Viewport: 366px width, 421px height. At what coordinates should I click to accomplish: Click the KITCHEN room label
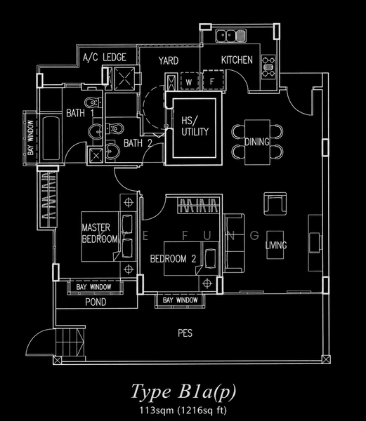[237, 60]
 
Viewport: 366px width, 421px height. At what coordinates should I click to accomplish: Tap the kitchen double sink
[231, 36]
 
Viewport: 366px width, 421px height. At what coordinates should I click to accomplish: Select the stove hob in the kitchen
[269, 67]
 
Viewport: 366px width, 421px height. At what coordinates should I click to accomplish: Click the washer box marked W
[189, 81]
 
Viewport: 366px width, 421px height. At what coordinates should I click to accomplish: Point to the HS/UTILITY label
[195, 126]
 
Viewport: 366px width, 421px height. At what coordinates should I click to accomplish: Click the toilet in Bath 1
[93, 102]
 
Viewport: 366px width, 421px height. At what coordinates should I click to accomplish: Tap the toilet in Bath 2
[115, 128]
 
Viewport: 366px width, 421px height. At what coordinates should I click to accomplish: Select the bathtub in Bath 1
[51, 138]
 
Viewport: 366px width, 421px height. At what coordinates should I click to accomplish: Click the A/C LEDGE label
[105, 58]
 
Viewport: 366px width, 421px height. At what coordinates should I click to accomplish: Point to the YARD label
[169, 60]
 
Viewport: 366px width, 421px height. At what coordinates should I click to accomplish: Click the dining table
[257, 142]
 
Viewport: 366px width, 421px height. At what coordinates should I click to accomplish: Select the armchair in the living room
[275, 203]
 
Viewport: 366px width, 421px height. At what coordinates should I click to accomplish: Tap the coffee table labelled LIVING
[275, 245]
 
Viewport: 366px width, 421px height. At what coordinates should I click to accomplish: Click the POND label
[96, 302]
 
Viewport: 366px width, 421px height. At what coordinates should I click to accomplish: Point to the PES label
[185, 333]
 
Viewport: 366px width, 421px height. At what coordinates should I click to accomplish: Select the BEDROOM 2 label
[173, 259]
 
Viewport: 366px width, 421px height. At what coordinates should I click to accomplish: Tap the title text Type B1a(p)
[183, 392]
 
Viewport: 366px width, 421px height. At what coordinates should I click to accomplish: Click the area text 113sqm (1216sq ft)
[183, 410]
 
